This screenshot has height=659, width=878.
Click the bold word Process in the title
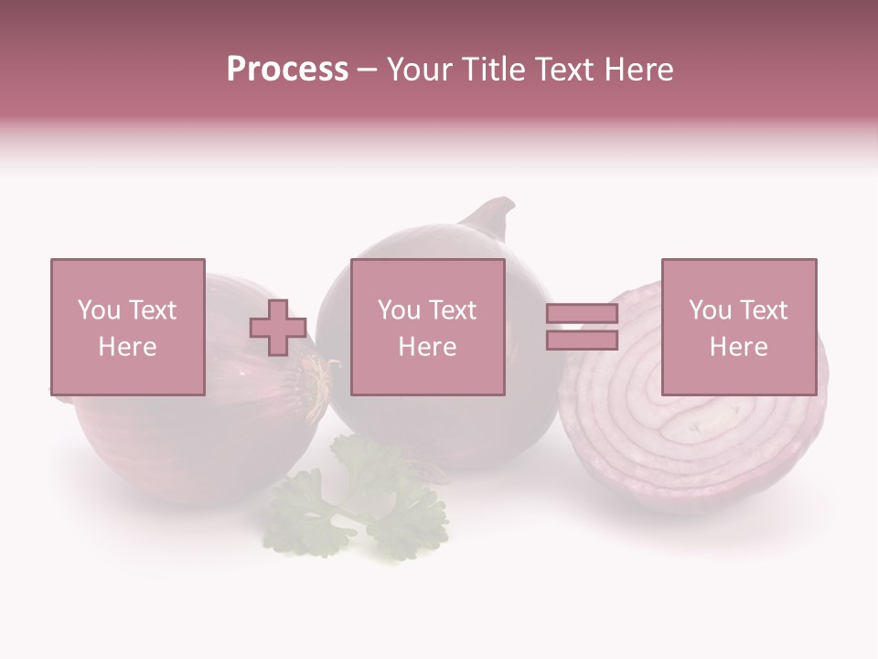(287, 70)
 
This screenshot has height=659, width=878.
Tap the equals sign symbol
(582, 327)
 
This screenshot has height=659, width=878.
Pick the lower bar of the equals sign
(582, 340)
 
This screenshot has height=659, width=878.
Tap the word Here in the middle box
(427, 347)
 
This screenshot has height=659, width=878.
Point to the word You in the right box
(710, 310)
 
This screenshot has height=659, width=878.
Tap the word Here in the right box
(738, 347)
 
